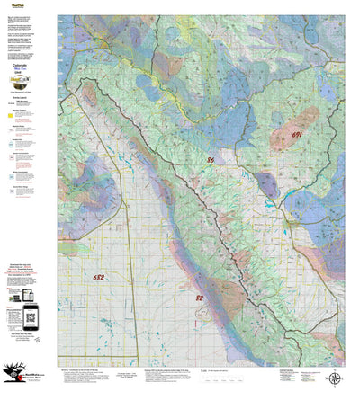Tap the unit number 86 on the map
pyautogui.click(x=211, y=159)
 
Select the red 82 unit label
pyautogui.click(x=200, y=296)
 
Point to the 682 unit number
pyautogui.click(x=98, y=279)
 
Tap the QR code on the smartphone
pyautogui.click(x=30, y=314)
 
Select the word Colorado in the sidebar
pyautogui.click(x=26, y=65)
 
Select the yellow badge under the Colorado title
pyautogui.click(x=26, y=78)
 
